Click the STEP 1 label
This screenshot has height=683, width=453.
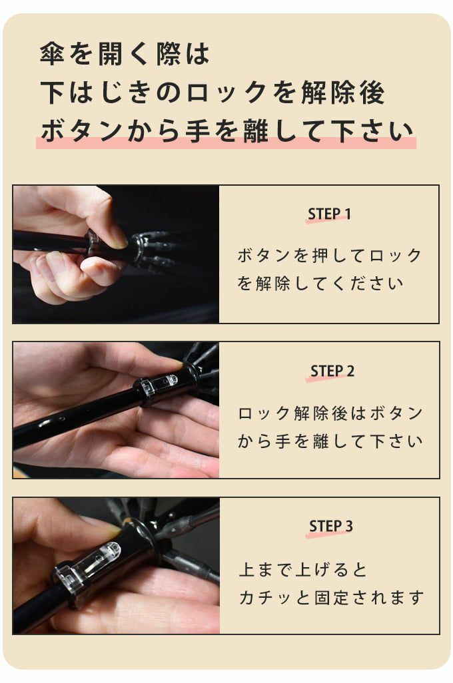point(329,214)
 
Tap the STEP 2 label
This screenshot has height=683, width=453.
point(332,371)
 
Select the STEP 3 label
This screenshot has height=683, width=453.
point(331,526)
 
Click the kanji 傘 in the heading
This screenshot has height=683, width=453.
point(53,54)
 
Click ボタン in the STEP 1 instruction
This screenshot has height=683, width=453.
point(265,255)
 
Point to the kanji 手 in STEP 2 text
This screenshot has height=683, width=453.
point(282,441)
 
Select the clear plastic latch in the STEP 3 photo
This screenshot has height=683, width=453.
point(87,564)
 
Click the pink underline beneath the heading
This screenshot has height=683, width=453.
point(226,143)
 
